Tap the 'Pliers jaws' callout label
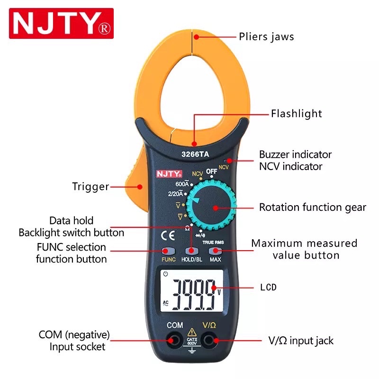[266, 36]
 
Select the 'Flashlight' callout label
[296, 114]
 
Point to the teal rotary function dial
[212, 208]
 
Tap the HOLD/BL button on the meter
[191, 252]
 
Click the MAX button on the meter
[216, 252]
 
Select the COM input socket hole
[175, 340]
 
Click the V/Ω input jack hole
[208, 340]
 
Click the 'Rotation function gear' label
[312, 208]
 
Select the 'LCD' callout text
[268, 288]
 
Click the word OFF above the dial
[211, 171]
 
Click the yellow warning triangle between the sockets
[192, 332]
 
